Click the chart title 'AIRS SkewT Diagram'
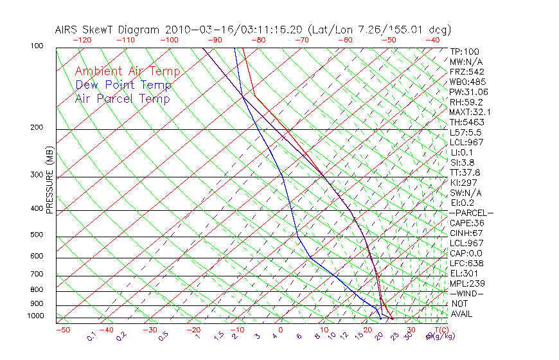pyautogui.click(x=109, y=30)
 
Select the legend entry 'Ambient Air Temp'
pyautogui.click(x=128, y=71)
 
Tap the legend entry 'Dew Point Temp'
pyautogui.click(x=123, y=85)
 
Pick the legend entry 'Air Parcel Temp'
pyautogui.click(x=123, y=98)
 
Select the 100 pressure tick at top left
pyautogui.click(x=37, y=46)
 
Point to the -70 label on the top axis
pyautogui.click(x=301, y=40)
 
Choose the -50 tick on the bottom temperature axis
pyautogui.click(x=62, y=330)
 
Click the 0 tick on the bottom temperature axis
pyautogui.click(x=281, y=330)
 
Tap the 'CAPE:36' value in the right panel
pyautogui.click(x=465, y=223)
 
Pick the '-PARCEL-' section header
pyautogui.click(x=471, y=213)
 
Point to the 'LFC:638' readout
pyautogui.click(x=466, y=264)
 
